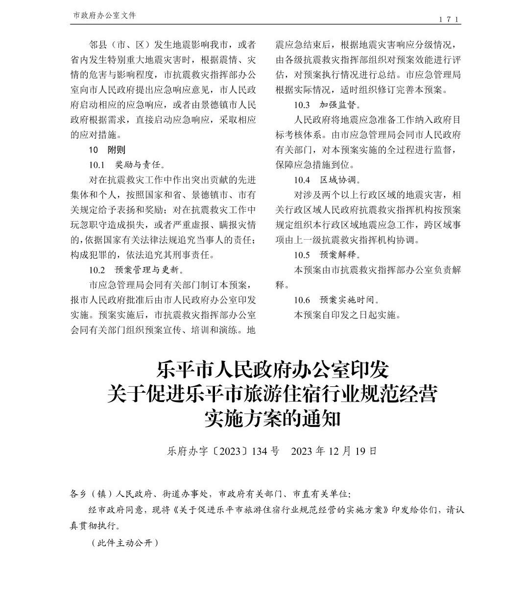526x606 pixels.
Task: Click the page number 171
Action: click(449, 19)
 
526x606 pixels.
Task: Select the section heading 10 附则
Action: click(107, 150)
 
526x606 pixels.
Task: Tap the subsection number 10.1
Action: click(97, 165)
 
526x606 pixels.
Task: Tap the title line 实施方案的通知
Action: click(272, 419)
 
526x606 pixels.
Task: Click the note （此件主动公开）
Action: click(124, 543)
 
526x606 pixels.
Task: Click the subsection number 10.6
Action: click(302, 300)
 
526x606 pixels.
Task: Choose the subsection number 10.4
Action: click(302, 180)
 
